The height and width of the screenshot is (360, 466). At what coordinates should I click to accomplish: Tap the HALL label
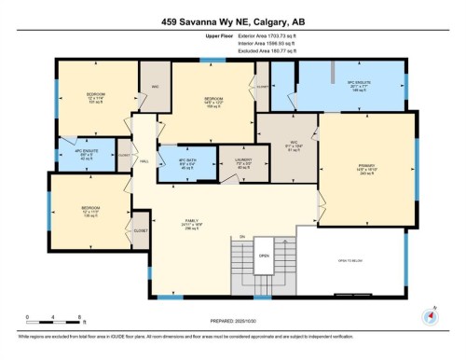tap(145, 160)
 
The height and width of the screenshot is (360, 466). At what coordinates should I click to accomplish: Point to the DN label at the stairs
tap(240, 237)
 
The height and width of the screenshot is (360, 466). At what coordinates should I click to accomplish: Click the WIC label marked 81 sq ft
tap(294, 148)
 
